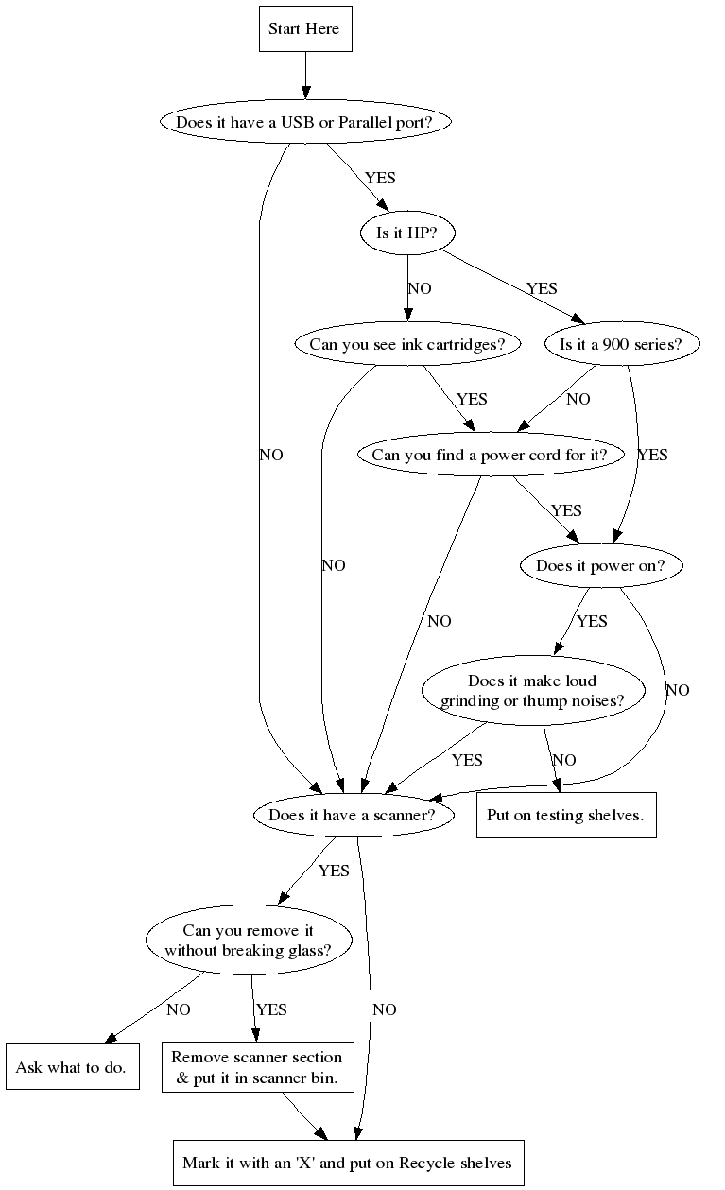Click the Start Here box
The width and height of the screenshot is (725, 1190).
[x=305, y=29]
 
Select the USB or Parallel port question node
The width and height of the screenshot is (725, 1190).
[x=305, y=122]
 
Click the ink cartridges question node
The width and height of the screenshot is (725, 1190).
[x=407, y=344]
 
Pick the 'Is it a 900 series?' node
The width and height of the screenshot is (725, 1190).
[x=622, y=344]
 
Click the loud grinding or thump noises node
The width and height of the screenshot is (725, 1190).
[x=532, y=691]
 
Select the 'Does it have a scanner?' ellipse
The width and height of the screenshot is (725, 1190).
[x=353, y=816]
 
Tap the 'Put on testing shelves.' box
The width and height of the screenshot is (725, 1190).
[x=565, y=815]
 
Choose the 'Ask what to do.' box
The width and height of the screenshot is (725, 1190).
[x=72, y=1067]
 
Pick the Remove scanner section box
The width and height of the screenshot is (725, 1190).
[x=257, y=1067]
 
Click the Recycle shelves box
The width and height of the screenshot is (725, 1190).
[x=347, y=1162]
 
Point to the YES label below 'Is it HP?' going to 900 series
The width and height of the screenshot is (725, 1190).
[x=542, y=288]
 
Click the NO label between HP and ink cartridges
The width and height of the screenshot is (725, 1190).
[x=420, y=288]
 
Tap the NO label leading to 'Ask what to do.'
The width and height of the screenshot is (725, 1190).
[x=178, y=1009]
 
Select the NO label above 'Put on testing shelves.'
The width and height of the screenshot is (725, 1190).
[x=564, y=760]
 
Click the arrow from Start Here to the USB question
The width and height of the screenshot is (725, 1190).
[x=305, y=76]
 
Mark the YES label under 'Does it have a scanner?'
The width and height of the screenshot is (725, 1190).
[x=334, y=871]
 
